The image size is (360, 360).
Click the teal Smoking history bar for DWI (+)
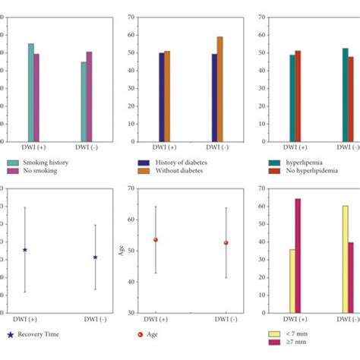tap(31, 92)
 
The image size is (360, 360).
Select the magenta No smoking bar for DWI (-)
tap(90, 96)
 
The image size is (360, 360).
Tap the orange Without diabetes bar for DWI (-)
tap(220, 89)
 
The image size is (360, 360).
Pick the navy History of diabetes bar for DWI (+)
tap(162, 97)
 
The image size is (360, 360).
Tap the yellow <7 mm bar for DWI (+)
tap(292, 281)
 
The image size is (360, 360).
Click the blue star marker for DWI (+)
tap(25, 250)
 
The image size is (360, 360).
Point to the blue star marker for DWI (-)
tap(95, 257)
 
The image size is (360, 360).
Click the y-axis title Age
tap(119, 251)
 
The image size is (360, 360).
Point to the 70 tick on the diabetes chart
tap(131, 17)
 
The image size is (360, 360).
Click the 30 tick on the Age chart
tap(131, 313)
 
